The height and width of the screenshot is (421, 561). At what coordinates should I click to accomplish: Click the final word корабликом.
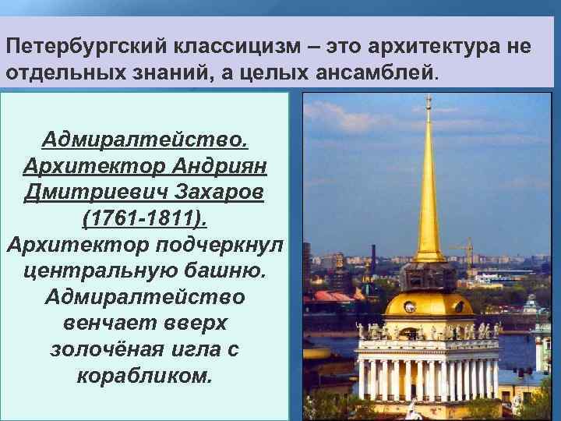click(x=146, y=375)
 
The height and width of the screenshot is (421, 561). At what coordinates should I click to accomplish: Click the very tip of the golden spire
click(x=428, y=97)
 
